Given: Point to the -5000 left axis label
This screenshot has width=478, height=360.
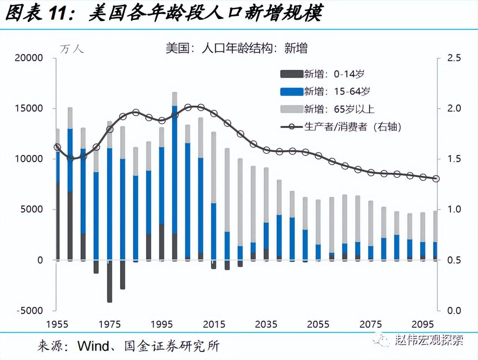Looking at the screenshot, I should click(29, 311).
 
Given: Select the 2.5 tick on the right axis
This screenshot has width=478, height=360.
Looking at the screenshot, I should click(454, 58).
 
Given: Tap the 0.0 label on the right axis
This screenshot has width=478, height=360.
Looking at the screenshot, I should click(454, 311).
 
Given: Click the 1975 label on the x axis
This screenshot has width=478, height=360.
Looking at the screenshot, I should click(109, 325).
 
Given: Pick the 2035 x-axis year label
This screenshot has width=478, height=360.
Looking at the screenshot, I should click(266, 325).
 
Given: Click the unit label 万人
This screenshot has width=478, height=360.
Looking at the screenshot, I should click(72, 49).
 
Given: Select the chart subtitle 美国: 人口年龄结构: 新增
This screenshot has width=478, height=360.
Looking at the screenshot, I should click(236, 48).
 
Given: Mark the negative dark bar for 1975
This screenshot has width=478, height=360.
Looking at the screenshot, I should click(109, 281).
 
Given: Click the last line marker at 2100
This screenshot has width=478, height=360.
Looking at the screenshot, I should click(436, 178).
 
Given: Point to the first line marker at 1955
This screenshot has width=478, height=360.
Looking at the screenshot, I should click(57, 147).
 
